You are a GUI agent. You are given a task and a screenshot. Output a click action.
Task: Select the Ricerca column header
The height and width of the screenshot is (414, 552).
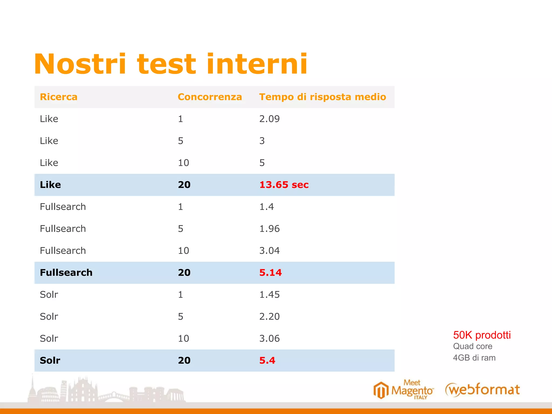coord(58,97)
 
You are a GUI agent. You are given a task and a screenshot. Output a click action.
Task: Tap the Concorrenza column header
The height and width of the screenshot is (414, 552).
coord(210,97)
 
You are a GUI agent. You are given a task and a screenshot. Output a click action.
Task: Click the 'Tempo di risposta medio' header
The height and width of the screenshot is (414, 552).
coord(322,97)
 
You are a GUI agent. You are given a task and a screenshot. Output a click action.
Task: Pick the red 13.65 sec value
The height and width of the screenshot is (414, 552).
coord(284,185)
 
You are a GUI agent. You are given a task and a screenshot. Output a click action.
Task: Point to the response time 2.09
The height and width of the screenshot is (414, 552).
coord(269,119)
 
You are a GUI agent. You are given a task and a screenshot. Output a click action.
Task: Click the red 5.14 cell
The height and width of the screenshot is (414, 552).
coord(270,272)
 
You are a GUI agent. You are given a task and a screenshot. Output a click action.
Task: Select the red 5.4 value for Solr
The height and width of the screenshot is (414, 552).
coord(267,360)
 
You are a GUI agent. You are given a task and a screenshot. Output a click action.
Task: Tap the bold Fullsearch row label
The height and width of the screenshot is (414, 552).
coord(66,272)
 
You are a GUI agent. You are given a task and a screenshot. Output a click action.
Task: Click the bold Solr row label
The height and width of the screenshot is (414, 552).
coord(50,360)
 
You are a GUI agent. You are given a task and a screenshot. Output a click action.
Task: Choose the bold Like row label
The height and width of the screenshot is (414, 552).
coord(50,185)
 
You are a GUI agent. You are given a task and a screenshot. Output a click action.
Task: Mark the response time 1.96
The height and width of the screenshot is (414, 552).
coord(269,229)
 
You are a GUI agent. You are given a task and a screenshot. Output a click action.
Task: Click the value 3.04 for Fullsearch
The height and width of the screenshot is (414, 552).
coord(269,251)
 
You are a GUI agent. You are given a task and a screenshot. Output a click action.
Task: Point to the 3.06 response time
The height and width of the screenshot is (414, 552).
coord(269,339)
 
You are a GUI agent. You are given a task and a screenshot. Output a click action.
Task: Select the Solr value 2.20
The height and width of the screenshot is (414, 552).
coord(269,316)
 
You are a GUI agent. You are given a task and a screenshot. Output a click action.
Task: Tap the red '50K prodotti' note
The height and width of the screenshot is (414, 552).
coord(482,335)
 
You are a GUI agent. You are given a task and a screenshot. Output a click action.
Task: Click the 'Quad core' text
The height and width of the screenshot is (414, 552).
coord(472,346)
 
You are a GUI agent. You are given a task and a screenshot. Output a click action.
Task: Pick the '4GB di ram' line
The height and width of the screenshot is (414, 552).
coord(474,358)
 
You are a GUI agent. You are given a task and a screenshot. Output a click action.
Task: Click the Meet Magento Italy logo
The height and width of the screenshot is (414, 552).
coord(403,390)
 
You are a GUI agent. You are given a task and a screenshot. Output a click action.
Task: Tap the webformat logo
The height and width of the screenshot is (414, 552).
coord(482,390)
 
